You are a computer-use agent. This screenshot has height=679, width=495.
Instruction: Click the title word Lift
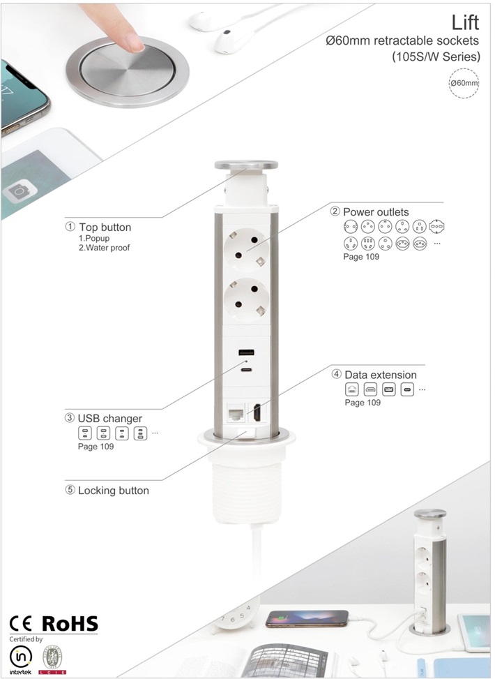click(465, 22)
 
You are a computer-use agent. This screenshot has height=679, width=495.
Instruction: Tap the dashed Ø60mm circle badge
click(464, 83)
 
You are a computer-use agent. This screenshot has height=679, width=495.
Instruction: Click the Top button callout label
click(105, 227)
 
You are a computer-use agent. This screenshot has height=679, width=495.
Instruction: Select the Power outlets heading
click(376, 211)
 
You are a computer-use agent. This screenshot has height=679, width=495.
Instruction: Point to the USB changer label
click(110, 418)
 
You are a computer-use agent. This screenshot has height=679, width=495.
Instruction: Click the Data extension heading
click(381, 375)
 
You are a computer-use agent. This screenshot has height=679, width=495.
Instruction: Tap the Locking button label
click(114, 490)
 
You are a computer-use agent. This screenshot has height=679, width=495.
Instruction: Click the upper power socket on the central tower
click(246, 250)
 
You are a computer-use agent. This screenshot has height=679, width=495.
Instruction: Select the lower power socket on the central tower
click(246, 299)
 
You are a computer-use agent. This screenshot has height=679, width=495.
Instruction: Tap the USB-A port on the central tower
click(247, 352)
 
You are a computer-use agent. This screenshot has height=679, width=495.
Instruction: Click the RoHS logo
click(70, 624)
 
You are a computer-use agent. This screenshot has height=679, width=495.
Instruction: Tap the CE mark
click(21, 624)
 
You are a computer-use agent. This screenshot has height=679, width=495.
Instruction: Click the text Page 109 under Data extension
click(363, 402)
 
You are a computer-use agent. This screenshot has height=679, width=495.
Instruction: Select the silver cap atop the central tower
click(246, 165)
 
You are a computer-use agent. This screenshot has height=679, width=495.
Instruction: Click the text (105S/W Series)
click(436, 57)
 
